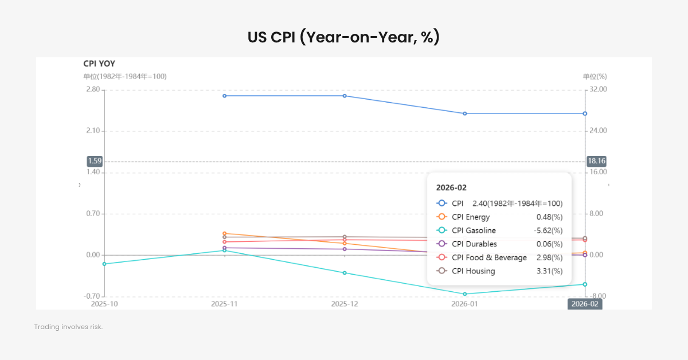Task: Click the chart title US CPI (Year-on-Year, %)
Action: click(343, 37)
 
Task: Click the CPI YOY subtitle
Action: click(99, 64)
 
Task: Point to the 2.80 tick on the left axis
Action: click(92, 89)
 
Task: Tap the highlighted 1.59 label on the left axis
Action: click(95, 162)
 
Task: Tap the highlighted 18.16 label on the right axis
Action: click(597, 162)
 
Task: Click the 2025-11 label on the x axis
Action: click(224, 304)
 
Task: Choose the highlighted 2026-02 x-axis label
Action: click(585, 304)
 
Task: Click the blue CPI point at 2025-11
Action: click(225, 96)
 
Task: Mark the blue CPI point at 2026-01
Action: click(465, 114)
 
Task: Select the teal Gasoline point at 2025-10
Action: click(104, 264)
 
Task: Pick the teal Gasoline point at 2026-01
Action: click(465, 294)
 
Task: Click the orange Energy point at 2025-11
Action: click(225, 233)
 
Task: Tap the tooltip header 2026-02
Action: click(452, 187)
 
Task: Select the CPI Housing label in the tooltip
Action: click(473, 271)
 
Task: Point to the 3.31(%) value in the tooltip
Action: click(549, 271)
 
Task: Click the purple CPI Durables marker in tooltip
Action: click(441, 244)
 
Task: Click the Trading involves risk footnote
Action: click(68, 327)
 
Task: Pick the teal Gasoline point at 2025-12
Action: click(345, 273)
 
